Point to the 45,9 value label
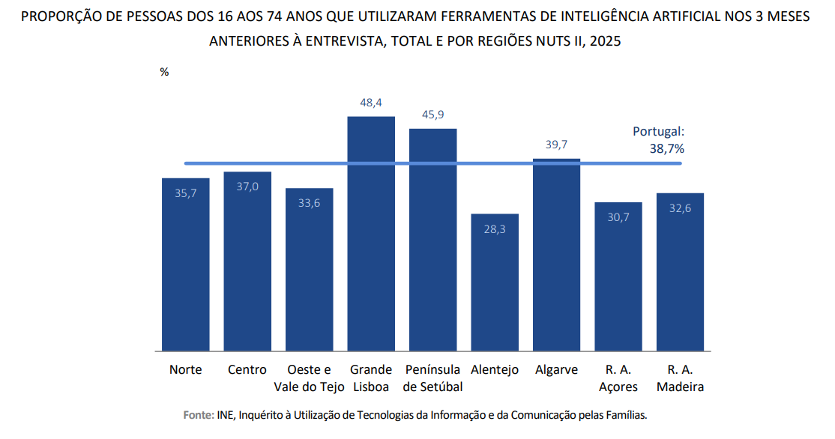432,114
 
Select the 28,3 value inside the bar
495,229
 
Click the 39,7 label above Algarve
556,145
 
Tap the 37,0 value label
247,187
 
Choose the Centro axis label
247,369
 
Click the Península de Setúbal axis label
432,378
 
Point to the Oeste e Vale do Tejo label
309,378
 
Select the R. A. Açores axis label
618,378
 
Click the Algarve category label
556,369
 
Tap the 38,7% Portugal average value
666,148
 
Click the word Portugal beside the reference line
657,131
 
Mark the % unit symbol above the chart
164,72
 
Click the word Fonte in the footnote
198,414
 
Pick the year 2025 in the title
605,42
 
